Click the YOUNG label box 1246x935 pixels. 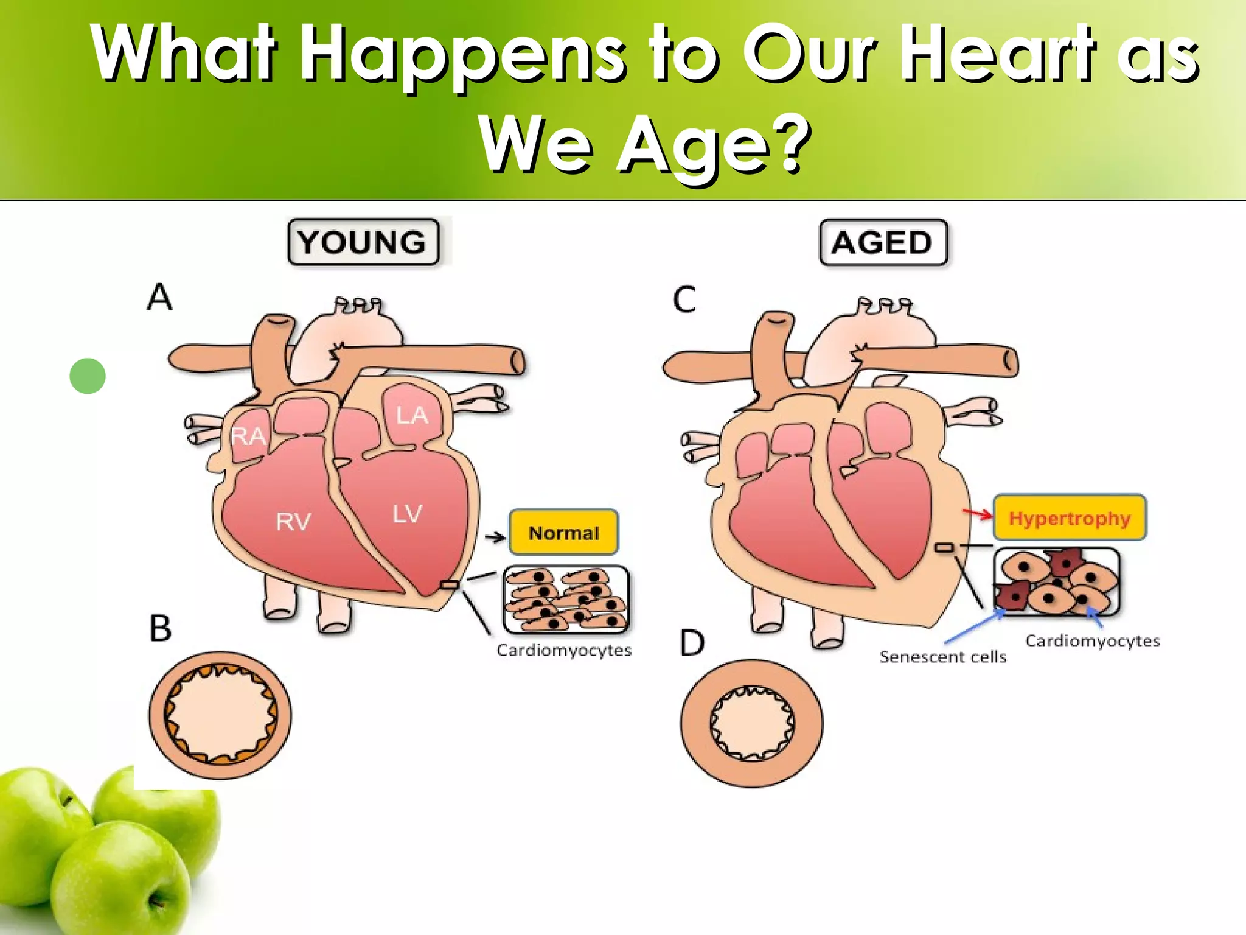pyautogui.click(x=363, y=242)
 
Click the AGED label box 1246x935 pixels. pyautogui.click(x=883, y=243)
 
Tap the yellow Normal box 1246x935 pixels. pyautogui.click(x=564, y=533)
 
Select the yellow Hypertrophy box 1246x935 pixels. pyautogui.click(x=1070, y=518)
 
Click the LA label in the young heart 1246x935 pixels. pyautogui.click(x=412, y=416)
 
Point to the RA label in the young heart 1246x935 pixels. pyautogui.click(x=248, y=436)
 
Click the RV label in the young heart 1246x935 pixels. pyautogui.click(x=293, y=522)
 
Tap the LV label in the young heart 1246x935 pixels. pyautogui.click(x=407, y=514)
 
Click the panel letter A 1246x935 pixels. pyautogui.click(x=160, y=298)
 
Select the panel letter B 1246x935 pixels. pyautogui.click(x=161, y=628)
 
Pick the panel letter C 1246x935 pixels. pyautogui.click(x=684, y=299)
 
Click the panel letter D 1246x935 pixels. pyautogui.click(x=692, y=643)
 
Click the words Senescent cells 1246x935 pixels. pyautogui.click(x=942, y=657)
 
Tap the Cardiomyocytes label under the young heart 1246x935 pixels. pyautogui.click(x=564, y=651)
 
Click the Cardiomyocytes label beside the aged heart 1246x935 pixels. pyautogui.click(x=1093, y=641)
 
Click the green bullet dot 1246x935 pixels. pyautogui.click(x=88, y=376)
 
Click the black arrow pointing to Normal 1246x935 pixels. pyautogui.click(x=495, y=537)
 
